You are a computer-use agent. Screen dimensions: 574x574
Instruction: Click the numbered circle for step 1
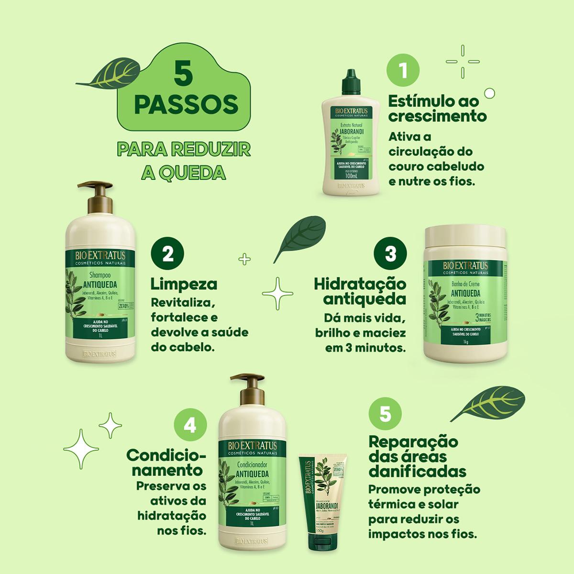pos(403,71)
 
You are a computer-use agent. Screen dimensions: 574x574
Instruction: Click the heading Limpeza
pos(184,284)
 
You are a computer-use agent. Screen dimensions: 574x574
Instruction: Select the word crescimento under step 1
pos(437,117)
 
